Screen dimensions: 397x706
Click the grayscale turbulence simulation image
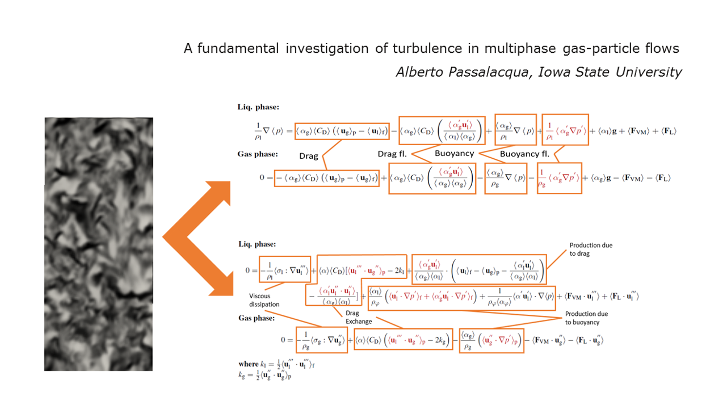(98, 244)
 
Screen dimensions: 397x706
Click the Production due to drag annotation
(591, 250)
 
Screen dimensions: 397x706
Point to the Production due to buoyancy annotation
(587, 318)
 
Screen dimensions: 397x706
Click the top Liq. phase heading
(258, 107)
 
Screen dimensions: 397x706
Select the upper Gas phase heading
(258, 154)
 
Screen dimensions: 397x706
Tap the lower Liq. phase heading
(258, 244)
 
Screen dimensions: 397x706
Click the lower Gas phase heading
(258, 318)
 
